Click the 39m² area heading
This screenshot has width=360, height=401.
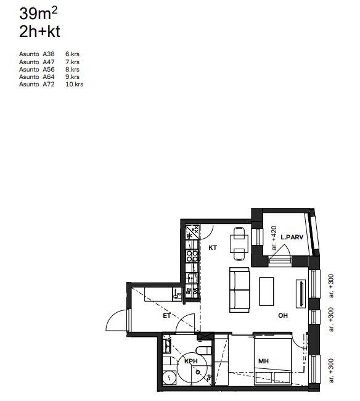point(38,14)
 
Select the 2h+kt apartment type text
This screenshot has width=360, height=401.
point(39,31)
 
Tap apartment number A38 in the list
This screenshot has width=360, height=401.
point(49,54)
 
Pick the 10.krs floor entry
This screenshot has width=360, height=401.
point(75,84)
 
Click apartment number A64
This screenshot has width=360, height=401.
point(49,76)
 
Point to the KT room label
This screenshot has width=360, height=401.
point(213,247)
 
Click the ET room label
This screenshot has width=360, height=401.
point(166,316)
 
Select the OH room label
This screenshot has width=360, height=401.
point(283,315)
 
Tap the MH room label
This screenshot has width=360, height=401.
point(263,361)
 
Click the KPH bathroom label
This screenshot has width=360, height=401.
point(191,361)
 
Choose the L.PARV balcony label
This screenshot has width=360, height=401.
point(292,237)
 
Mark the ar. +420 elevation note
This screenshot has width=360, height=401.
point(274,238)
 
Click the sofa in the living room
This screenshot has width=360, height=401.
point(239,290)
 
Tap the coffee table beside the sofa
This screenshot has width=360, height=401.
point(266,292)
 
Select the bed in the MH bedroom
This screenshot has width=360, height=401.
point(273,361)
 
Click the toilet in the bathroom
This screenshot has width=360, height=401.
point(203,350)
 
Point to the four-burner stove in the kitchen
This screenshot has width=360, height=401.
point(192,256)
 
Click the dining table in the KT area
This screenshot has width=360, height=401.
point(239,244)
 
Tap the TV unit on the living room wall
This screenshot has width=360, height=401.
point(301,294)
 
